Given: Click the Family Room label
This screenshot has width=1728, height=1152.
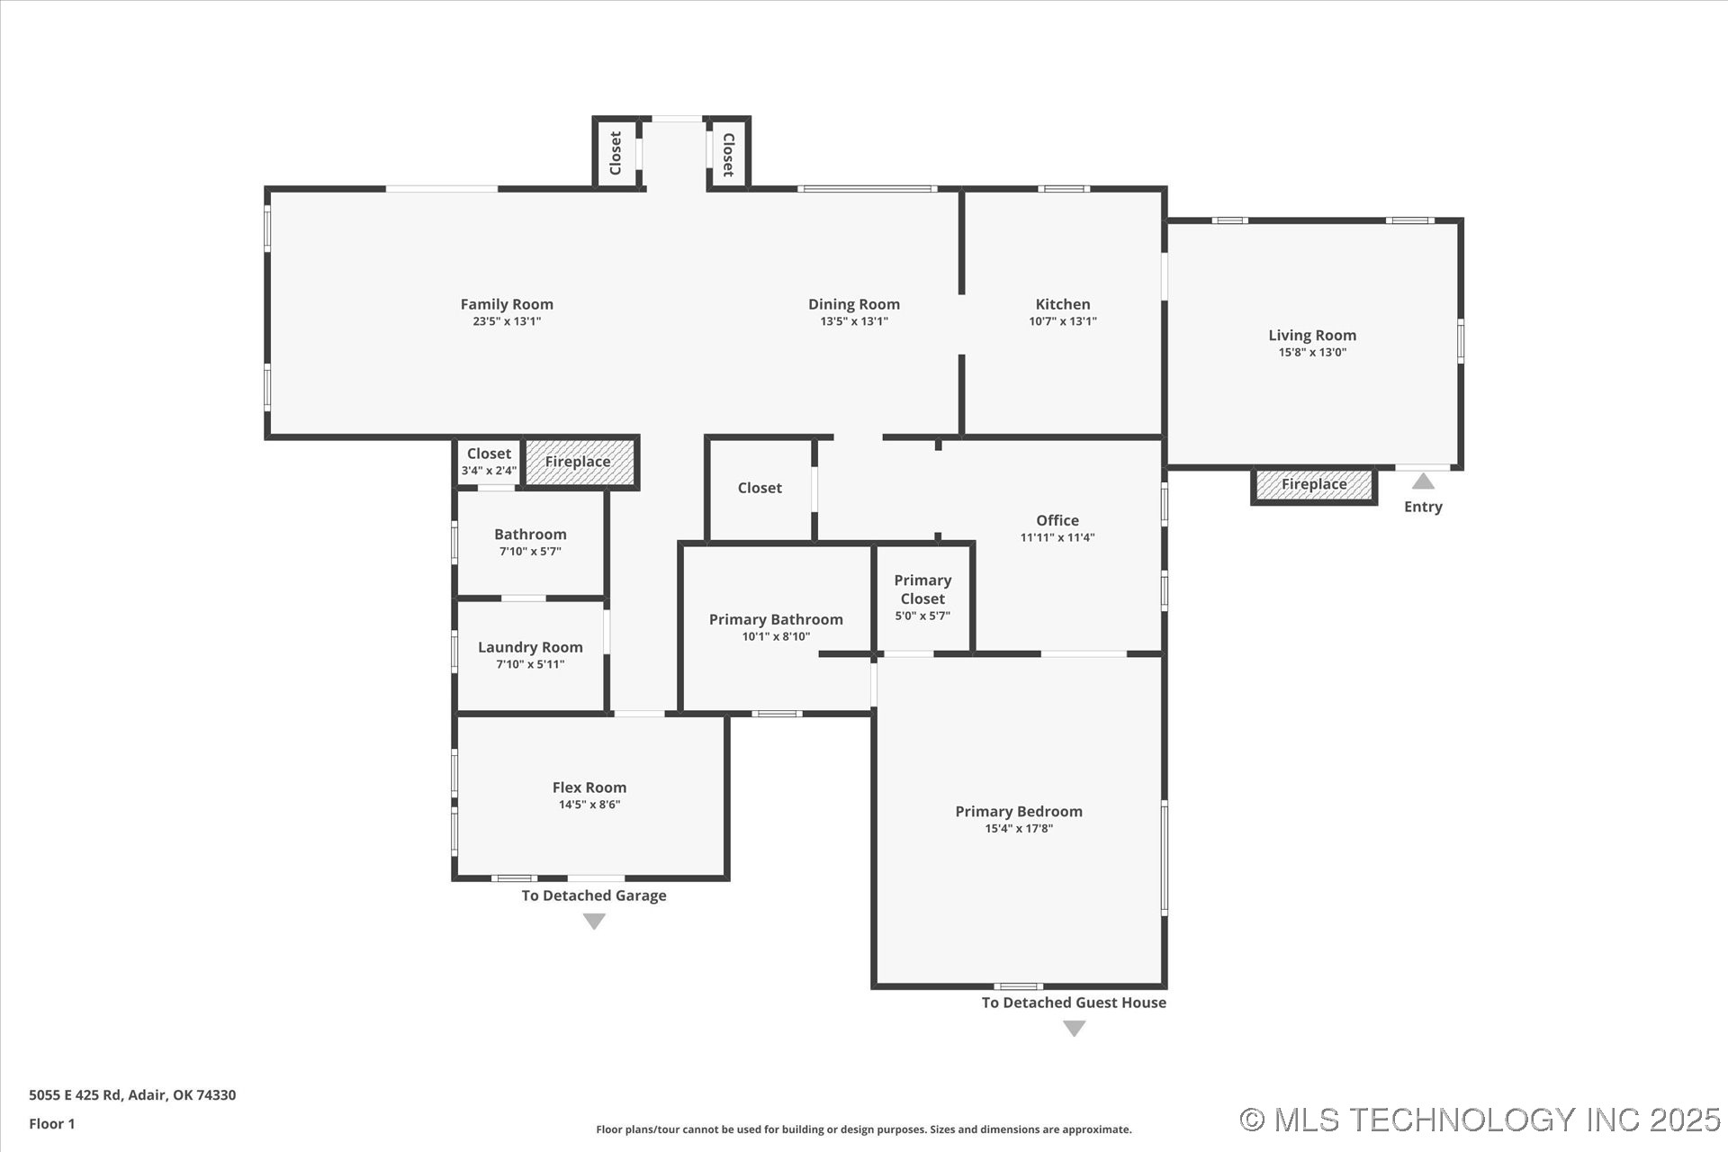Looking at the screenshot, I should tap(507, 304).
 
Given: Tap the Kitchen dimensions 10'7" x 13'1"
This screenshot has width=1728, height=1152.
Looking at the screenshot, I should tap(1063, 321).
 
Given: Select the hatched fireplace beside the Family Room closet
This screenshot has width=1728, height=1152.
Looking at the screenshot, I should tap(579, 462).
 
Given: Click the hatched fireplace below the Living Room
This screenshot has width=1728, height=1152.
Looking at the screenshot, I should tap(1314, 484).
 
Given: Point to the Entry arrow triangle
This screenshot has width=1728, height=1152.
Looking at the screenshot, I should tap(1423, 481).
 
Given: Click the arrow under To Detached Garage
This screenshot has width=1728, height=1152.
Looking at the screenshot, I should tap(594, 921).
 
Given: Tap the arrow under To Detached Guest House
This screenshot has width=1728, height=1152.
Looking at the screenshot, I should tap(1074, 1028).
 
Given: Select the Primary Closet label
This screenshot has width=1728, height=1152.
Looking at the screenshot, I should tap(922, 589).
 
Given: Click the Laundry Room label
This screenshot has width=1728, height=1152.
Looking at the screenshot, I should tap(530, 647).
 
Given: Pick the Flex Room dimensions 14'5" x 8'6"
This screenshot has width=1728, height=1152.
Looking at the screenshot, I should tap(589, 805).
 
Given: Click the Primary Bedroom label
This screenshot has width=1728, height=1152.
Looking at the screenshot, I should tap(1019, 811).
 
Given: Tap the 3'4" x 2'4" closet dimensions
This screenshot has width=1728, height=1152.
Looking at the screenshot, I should tap(489, 471).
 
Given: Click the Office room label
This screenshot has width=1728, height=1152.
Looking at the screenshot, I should tap(1057, 520).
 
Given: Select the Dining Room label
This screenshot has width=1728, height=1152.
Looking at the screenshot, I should tap(854, 304).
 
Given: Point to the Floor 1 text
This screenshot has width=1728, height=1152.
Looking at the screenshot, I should tap(52, 1123).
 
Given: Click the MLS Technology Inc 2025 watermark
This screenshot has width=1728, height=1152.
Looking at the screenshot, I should tap(1480, 1120).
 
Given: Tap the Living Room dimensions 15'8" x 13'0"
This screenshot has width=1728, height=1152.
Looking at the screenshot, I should tap(1312, 352).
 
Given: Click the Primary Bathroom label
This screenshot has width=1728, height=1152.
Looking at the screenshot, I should tap(776, 619).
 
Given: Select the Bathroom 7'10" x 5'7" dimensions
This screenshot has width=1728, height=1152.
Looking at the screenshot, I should tap(530, 552).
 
